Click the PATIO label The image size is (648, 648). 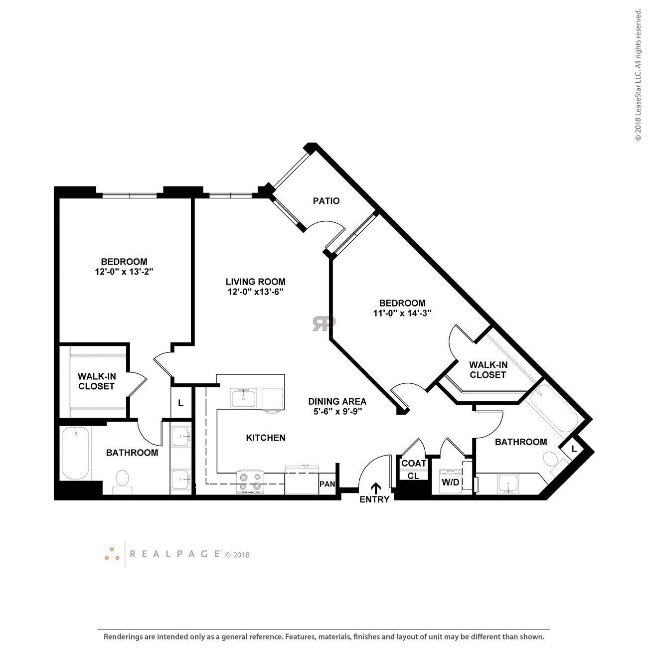point(326,201)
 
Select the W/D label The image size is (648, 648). point(450,483)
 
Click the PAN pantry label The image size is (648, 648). point(327,484)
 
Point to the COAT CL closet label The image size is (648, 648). point(414,469)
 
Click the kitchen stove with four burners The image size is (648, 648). point(249,482)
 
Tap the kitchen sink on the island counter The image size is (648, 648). point(243,398)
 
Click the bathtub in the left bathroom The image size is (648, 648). point(76,453)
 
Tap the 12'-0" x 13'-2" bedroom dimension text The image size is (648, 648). point(124,272)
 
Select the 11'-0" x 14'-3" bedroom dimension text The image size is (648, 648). point(402,314)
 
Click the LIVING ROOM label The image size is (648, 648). point(255,282)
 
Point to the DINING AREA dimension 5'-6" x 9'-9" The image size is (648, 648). point(337,412)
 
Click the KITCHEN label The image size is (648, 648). point(266,438)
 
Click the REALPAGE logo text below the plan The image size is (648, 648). point(175,553)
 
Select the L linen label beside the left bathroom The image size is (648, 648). point(180,403)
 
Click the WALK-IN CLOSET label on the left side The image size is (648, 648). point(96,381)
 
